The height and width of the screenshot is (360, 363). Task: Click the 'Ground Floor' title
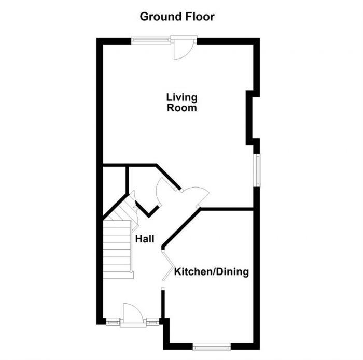click(x=177, y=17)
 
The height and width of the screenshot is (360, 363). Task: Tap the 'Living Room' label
click(x=181, y=103)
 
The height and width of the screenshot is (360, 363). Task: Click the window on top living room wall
click(x=151, y=39)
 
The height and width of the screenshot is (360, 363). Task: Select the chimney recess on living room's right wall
click(x=251, y=117)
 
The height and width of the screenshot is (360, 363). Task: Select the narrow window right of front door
click(x=152, y=322)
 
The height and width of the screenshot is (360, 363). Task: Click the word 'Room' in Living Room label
click(x=181, y=108)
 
